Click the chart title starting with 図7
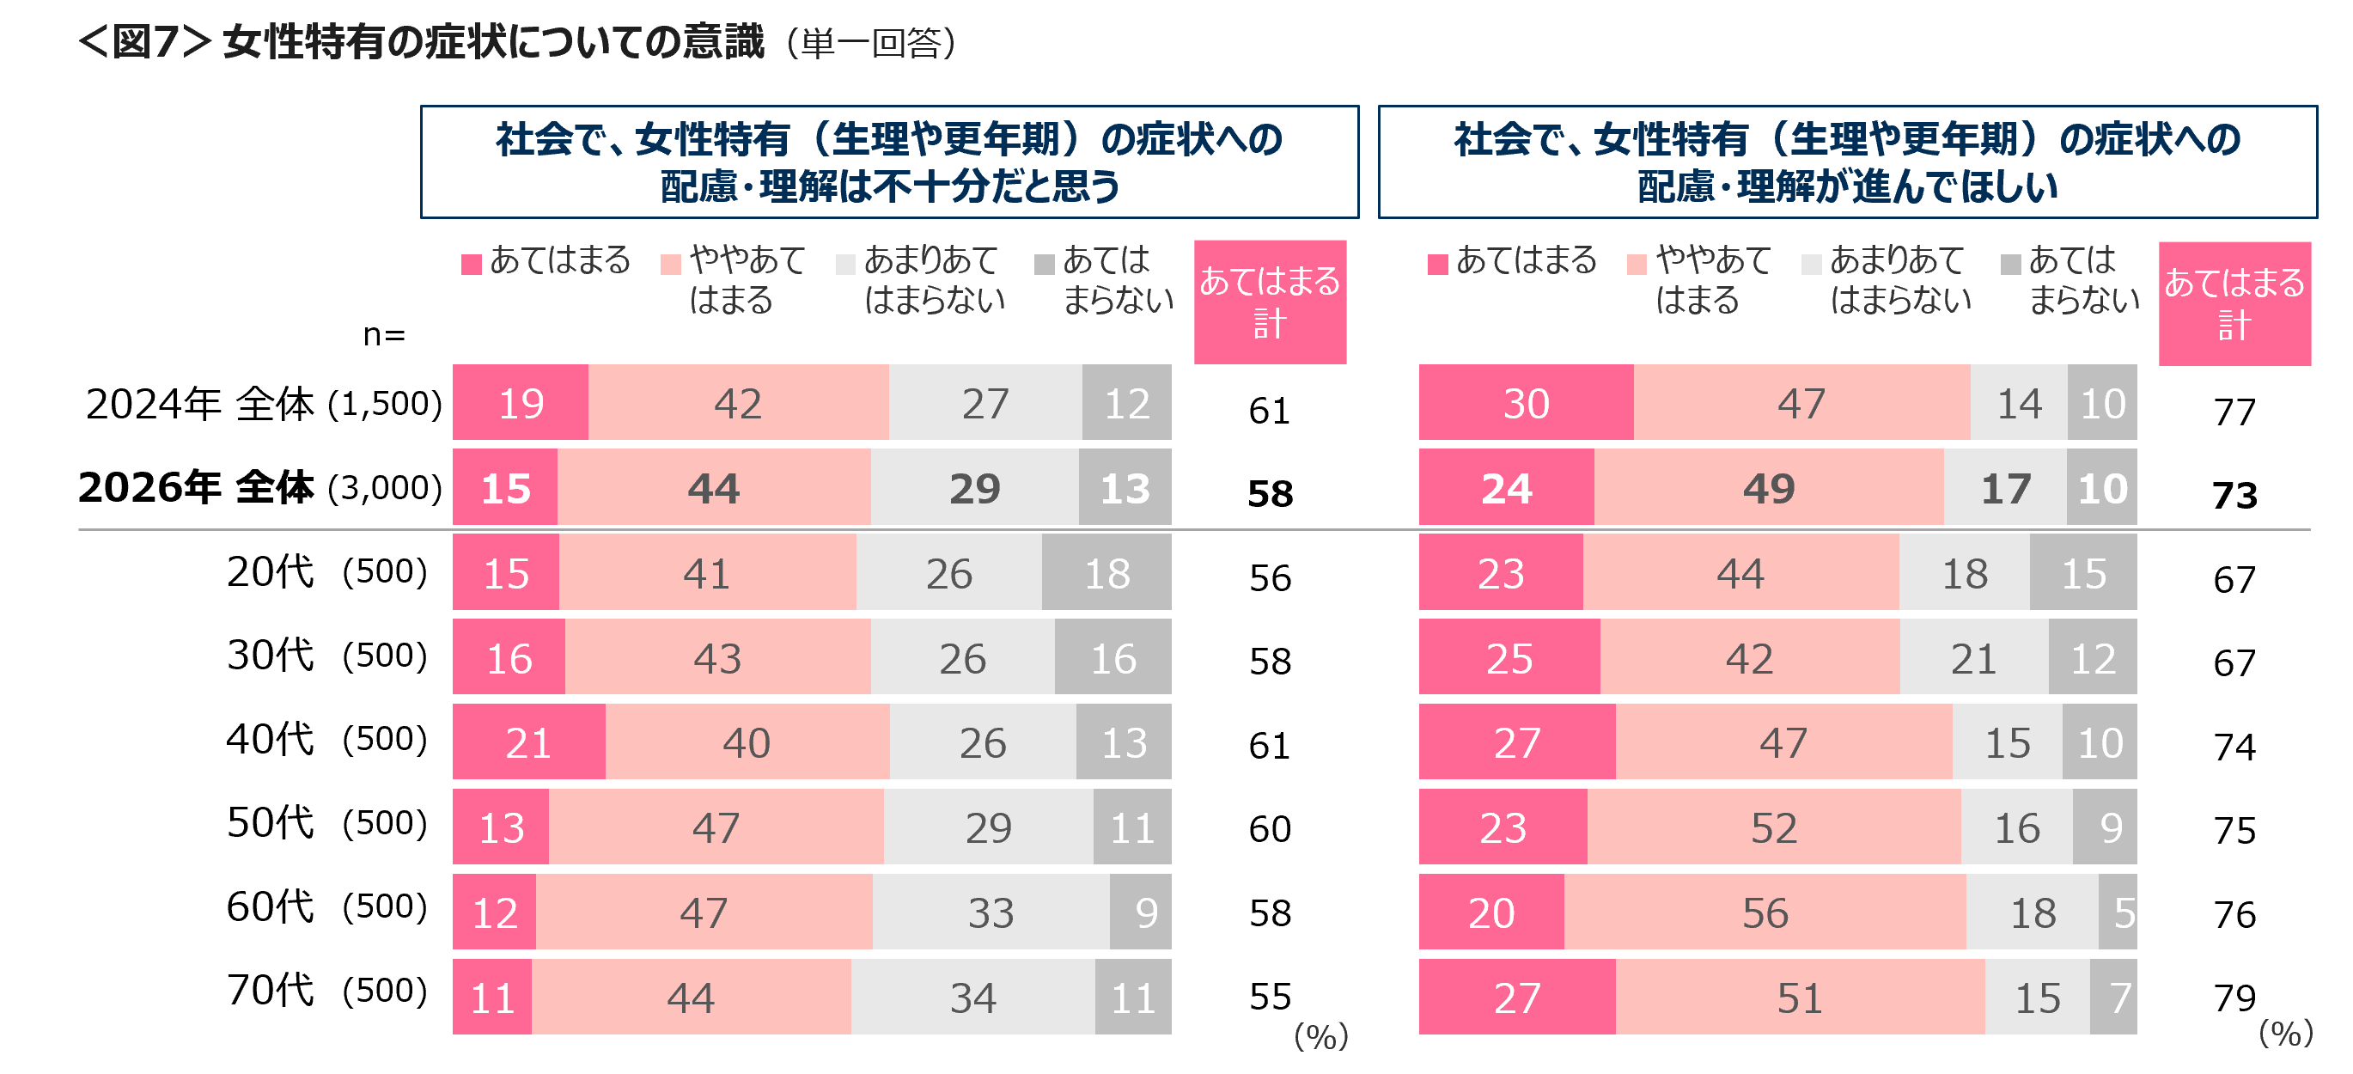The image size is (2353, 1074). pyautogui.click(x=516, y=43)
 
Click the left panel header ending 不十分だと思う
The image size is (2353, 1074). pyautogui.click(x=890, y=162)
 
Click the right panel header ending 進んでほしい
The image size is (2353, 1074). pyautogui.click(x=1848, y=162)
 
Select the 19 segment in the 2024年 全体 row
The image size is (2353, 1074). pyautogui.click(x=521, y=403)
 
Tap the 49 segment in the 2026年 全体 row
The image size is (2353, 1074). pyautogui.click(x=1770, y=488)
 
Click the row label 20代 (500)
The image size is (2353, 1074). pyautogui.click(x=327, y=571)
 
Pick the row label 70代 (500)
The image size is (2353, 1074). pyautogui.click(x=327, y=990)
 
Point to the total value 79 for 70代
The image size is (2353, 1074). pyautogui.click(x=2234, y=998)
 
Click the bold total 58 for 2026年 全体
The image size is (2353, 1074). pyautogui.click(x=1271, y=494)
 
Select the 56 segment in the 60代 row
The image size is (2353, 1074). pyautogui.click(x=1765, y=912)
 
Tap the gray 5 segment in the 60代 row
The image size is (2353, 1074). pyautogui.click(x=2118, y=912)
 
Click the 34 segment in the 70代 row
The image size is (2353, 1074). pyautogui.click(x=973, y=998)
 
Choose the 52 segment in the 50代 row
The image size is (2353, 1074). pyautogui.click(x=1774, y=827)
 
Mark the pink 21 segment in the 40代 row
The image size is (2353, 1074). pyautogui.click(x=529, y=742)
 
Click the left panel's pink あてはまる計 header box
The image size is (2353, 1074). pyautogui.click(x=1270, y=302)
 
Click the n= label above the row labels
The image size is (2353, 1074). pyautogui.click(x=384, y=335)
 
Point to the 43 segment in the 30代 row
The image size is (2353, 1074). pyautogui.click(x=718, y=657)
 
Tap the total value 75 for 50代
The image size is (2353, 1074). pyautogui.click(x=2234, y=830)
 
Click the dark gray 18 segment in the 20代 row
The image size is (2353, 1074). pyautogui.click(x=1107, y=572)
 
